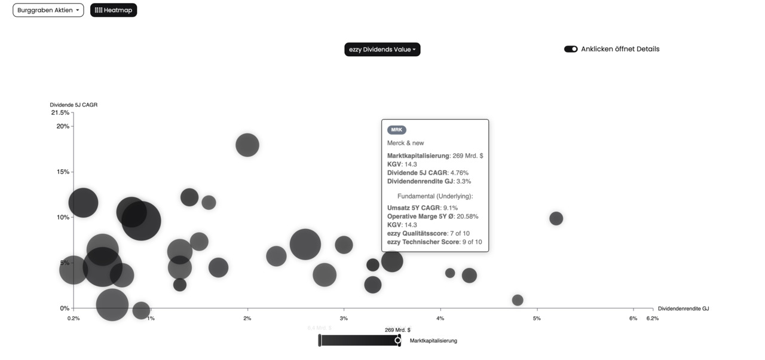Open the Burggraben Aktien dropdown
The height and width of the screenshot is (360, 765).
(48, 10)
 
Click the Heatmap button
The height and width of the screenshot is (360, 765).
(114, 10)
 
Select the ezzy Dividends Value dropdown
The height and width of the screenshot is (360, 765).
(382, 50)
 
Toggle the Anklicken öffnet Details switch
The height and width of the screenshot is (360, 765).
(571, 49)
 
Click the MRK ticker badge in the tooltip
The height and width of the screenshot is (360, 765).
(396, 130)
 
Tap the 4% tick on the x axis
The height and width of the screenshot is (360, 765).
(440, 318)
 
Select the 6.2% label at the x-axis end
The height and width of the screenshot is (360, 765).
(652, 318)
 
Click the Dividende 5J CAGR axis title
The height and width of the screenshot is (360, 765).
(74, 105)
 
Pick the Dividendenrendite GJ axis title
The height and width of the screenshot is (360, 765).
(683, 309)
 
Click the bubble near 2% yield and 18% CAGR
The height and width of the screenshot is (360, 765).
(247, 145)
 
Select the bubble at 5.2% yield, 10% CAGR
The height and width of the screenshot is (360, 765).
(556, 218)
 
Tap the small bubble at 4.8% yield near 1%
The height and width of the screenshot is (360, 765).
(518, 300)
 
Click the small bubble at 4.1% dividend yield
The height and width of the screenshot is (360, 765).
(450, 273)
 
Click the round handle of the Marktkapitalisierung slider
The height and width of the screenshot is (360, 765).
(398, 340)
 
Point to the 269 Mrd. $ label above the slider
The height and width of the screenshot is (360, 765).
(397, 330)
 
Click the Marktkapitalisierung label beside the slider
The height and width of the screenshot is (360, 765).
(433, 341)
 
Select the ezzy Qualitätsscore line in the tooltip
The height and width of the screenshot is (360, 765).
(428, 233)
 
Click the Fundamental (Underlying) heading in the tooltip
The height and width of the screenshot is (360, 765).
(434, 196)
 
